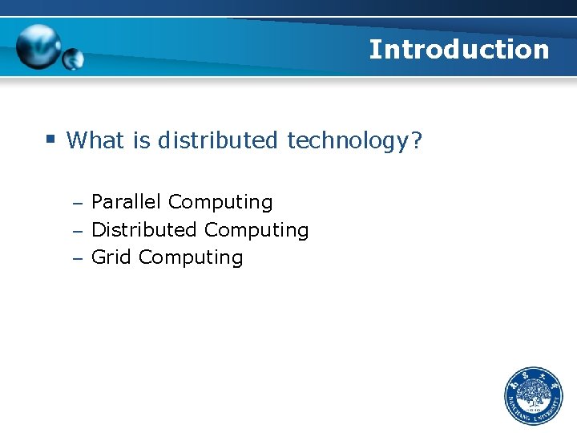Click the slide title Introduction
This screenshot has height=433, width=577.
(x=459, y=50)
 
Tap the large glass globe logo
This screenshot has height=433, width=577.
(x=38, y=46)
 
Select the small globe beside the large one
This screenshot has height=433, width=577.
(x=73, y=59)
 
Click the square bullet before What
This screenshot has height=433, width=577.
(x=50, y=140)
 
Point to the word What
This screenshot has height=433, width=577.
(x=96, y=141)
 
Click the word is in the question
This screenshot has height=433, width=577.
(x=142, y=141)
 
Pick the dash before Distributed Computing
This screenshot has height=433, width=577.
(x=77, y=232)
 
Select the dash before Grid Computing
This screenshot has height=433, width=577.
(x=77, y=259)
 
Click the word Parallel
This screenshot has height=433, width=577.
(x=126, y=202)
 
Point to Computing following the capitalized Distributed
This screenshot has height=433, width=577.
(x=256, y=231)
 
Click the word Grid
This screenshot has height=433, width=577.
(x=111, y=257)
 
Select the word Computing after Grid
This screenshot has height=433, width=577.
(x=191, y=258)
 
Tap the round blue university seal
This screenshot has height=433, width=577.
(x=534, y=397)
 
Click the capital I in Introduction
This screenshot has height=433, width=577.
(x=374, y=50)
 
